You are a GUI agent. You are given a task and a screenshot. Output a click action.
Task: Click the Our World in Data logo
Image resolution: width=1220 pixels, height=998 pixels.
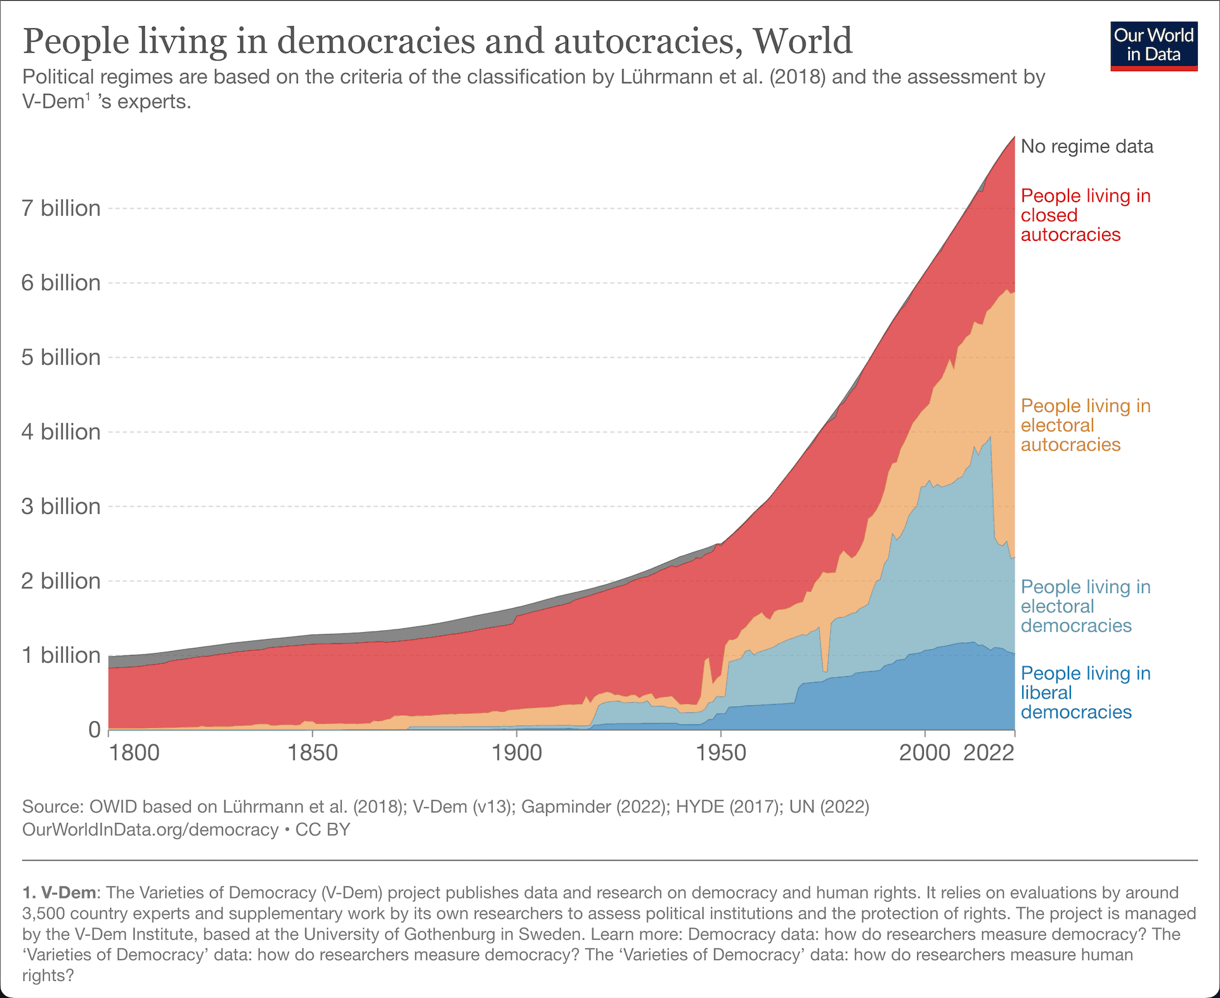1153,46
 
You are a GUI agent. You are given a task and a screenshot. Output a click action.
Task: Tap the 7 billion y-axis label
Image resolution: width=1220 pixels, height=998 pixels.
61,208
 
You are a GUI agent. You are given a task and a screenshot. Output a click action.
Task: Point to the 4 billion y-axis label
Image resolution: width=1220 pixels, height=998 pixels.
61,432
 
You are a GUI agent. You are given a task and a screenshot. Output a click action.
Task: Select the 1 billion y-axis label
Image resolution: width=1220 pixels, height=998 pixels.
61,655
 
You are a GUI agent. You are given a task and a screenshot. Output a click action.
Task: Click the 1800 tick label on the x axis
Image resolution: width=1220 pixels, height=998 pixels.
134,753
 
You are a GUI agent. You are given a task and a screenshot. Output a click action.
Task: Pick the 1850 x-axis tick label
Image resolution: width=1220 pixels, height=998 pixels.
313,753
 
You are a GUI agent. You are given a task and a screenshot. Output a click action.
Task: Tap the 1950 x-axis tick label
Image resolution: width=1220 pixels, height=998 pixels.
721,753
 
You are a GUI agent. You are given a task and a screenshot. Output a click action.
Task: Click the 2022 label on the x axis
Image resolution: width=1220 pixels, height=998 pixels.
989,753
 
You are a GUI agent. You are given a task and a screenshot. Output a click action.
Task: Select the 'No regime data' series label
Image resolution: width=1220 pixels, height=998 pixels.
1087,146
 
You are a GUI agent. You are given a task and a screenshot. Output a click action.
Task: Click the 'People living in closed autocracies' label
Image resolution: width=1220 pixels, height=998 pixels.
1086,215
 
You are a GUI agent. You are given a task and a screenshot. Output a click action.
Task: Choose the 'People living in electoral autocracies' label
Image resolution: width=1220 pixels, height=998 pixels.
1086,425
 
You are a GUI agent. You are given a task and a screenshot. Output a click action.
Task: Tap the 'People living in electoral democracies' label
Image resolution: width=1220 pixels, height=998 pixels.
1086,606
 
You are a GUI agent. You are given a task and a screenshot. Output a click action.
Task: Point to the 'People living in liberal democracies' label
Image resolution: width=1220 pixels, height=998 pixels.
1086,692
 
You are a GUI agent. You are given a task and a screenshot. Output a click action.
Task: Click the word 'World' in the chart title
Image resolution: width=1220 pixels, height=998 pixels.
802,41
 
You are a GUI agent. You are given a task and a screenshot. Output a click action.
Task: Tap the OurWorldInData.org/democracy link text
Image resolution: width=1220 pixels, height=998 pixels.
150,829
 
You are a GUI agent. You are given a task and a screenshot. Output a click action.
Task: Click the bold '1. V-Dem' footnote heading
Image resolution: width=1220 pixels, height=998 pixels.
60,893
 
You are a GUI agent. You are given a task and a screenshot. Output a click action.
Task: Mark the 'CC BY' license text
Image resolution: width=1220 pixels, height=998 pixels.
323,829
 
